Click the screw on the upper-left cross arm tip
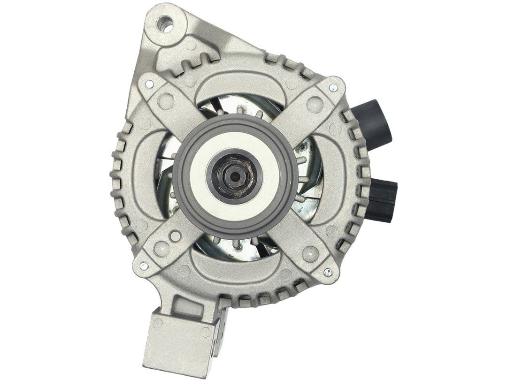pos(149,84)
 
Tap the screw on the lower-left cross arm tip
pos(143,266)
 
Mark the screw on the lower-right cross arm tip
pos(325,271)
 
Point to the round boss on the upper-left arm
pos(165,99)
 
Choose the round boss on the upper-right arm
pos(313,102)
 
